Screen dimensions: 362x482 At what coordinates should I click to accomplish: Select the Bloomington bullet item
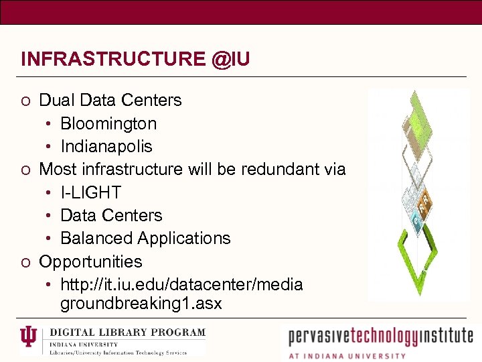point(108,123)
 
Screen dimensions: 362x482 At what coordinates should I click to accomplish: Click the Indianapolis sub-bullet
point(106,146)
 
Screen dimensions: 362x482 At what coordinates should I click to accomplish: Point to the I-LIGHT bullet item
point(91,192)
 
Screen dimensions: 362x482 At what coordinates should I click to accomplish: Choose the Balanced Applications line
point(145,238)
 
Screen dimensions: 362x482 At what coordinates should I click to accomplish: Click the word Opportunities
point(91,261)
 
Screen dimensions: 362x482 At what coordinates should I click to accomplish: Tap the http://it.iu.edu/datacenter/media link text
point(181,285)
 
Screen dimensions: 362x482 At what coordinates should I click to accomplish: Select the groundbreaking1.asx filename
point(141,304)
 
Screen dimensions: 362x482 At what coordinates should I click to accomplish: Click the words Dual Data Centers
point(110,101)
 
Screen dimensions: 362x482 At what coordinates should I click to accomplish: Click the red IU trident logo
point(29,340)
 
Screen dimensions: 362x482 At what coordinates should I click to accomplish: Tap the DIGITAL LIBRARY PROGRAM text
point(128,333)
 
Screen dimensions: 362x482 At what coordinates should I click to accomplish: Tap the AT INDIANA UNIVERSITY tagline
point(347,356)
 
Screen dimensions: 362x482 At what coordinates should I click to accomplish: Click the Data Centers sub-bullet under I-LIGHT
point(111,215)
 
